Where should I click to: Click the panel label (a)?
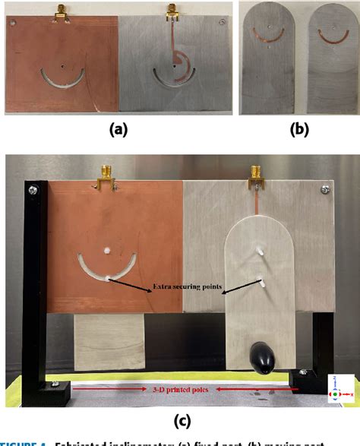(x=117, y=129)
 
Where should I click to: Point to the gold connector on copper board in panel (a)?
(x=60, y=11)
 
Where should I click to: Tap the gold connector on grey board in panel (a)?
(x=172, y=11)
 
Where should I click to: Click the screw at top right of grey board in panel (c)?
(x=325, y=190)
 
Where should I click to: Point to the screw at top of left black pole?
(x=34, y=186)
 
